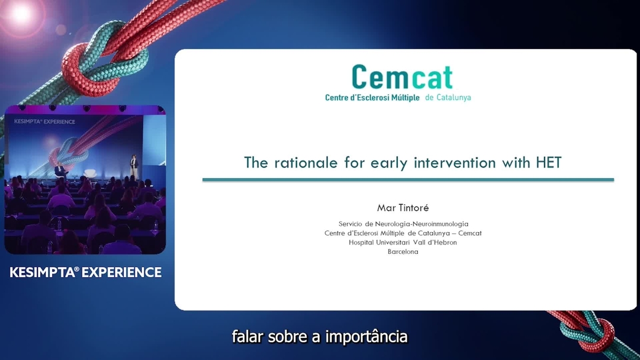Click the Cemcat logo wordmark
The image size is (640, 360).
pyautogui.click(x=402, y=78)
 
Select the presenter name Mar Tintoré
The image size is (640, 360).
pyautogui.click(x=403, y=208)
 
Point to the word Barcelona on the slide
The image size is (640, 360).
pyautogui.click(x=403, y=252)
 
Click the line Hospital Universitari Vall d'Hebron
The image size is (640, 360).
pyautogui.click(x=403, y=242)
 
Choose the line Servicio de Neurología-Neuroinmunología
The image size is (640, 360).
pyautogui.click(x=403, y=224)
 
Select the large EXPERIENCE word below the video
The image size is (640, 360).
pyautogui.click(x=124, y=272)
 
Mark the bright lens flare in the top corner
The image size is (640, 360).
pyautogui.click(x=21, y=13)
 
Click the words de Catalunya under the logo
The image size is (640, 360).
pyautogui.click(x=448, y=98)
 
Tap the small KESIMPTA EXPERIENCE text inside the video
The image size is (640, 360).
pyautogui.click(x=44, y=121)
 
